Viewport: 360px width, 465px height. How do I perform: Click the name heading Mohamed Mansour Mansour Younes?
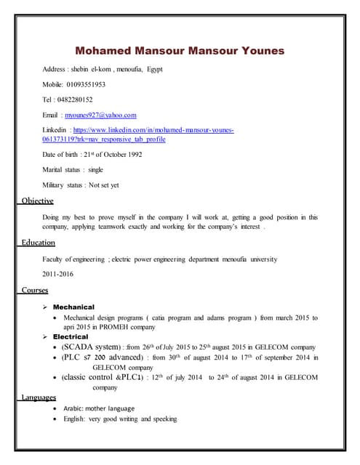[x=180, y=51]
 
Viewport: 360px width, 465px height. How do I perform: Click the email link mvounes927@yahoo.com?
[x=101, y=115]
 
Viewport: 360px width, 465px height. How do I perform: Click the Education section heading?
[x=39, y=242]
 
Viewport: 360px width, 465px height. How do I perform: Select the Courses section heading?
[x=35, y=290]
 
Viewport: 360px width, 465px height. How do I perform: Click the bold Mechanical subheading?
[x=73, y=307]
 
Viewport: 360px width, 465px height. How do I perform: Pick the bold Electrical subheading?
[x=71, y=337]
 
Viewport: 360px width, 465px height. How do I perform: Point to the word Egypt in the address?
[x=154, y=69]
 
